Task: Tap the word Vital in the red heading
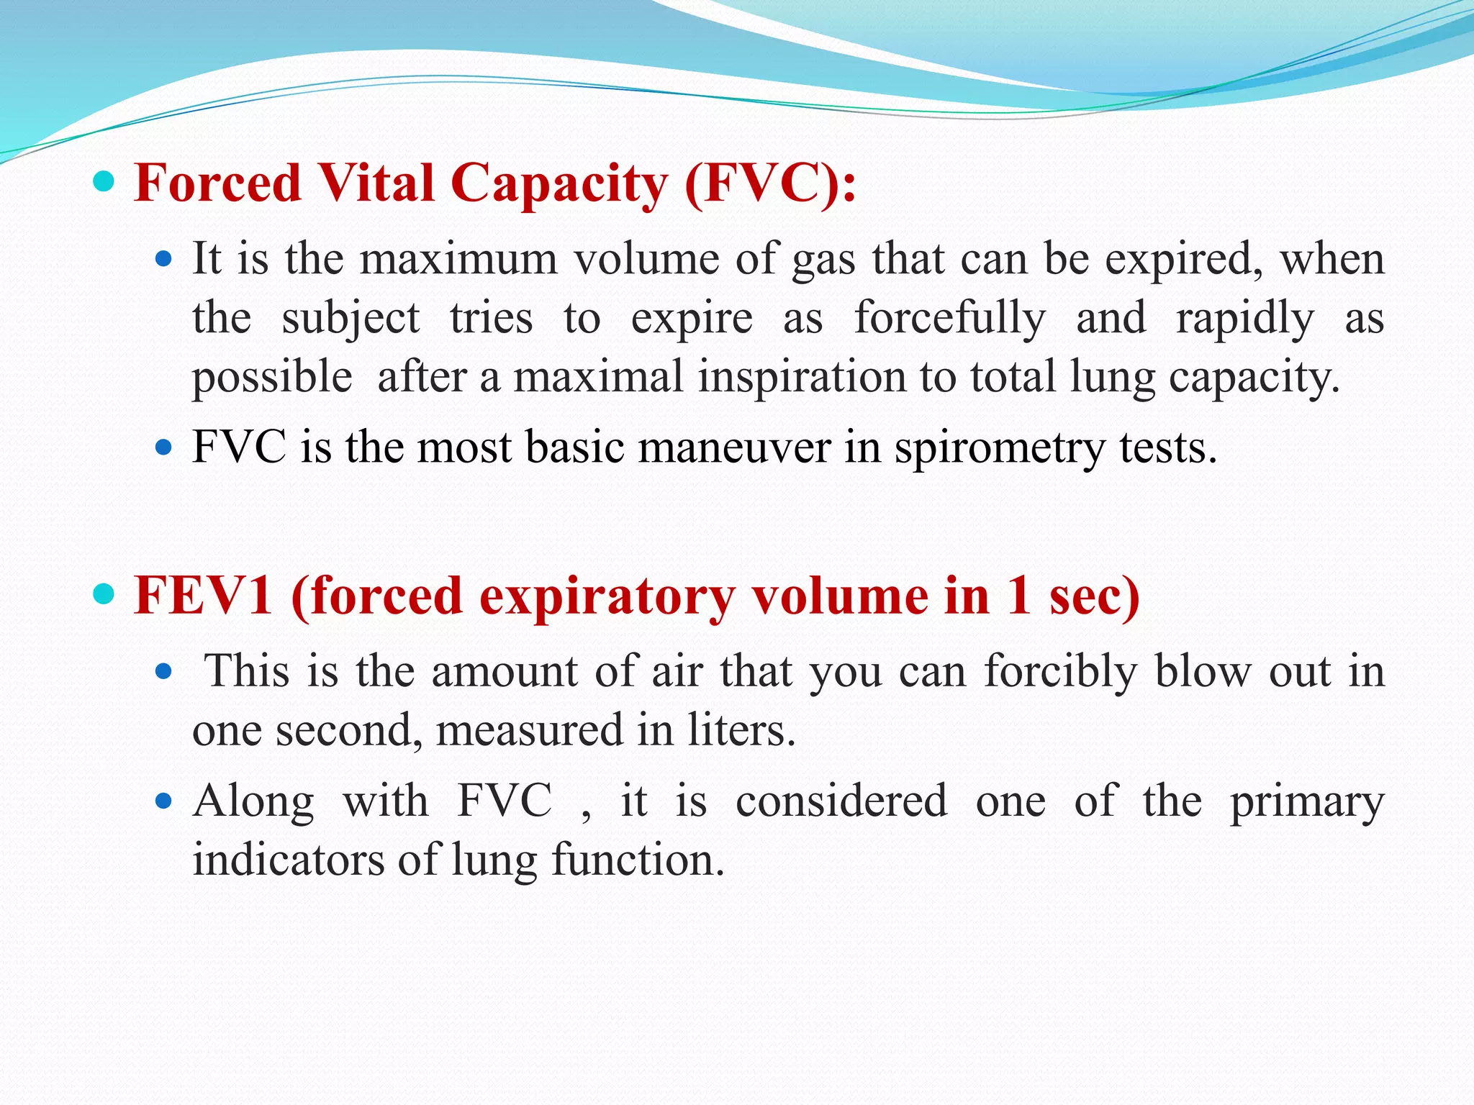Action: (x=376, y=183)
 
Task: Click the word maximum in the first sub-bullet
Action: (x=458, y=259)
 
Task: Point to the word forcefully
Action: (x=949, y=318)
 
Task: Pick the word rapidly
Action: (x=1244, y=318)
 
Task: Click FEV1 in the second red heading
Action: (x=204, y=596)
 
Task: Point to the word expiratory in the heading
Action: (x=607, y=597)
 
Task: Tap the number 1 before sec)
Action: (x=1018, y=596)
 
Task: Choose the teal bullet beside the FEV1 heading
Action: (x=104, y=595)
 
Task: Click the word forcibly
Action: (x=1061, y=672)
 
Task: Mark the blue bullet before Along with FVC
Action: (x=164, y=800)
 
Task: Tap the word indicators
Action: (x=289, y=860)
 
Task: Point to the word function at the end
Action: (x=637, y=860)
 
